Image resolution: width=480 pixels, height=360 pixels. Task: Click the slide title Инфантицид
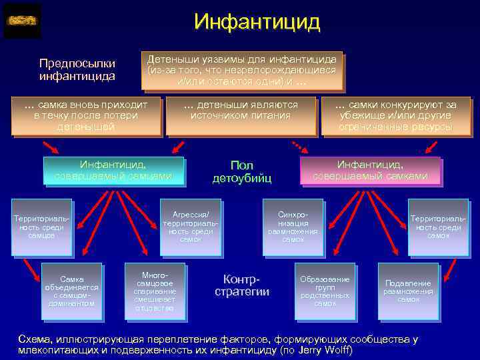click(x=257, y=21)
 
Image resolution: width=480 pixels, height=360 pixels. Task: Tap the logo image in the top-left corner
click(x=22, y=21)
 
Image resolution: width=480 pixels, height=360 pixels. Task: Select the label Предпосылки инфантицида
click(x=77, y=69)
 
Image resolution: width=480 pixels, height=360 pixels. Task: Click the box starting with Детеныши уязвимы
click(x=242, y=70)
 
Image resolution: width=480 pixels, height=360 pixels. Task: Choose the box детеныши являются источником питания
click(x=241, y=110)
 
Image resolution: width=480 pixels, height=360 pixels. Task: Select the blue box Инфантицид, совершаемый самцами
click(x=113, y=170)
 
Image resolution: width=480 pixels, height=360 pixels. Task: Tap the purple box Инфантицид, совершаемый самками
click(x=369, y=170)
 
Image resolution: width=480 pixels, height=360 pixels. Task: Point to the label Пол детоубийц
click(x=242, y=171)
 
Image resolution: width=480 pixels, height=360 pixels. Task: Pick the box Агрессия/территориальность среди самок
click(x=191, y=227)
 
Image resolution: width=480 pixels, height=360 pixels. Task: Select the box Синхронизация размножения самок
click(x=293, y=227)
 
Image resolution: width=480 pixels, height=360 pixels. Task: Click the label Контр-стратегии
click(x=241, y=285)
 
